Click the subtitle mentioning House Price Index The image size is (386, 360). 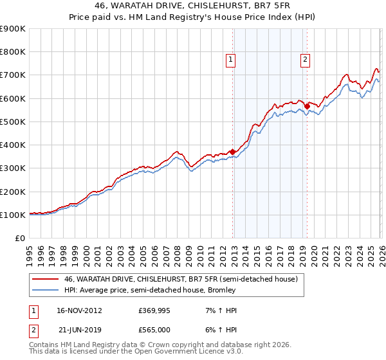pos(193,18)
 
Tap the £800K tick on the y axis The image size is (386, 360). pos(13,52)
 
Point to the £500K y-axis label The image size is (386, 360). pos(13,122)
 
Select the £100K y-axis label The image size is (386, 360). pos(13,215)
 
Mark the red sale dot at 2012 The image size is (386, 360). pos(232,152)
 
